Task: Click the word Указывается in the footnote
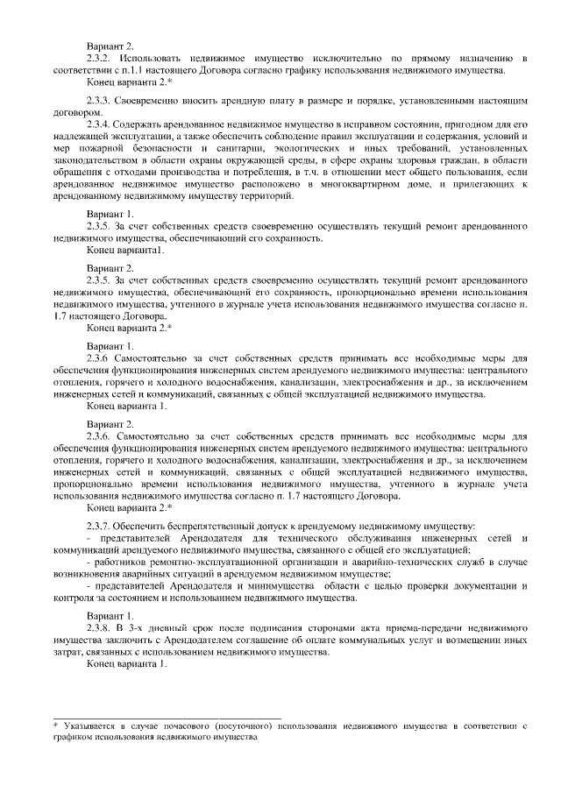(x=89, y=726)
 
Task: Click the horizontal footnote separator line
(x=167, y=717)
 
